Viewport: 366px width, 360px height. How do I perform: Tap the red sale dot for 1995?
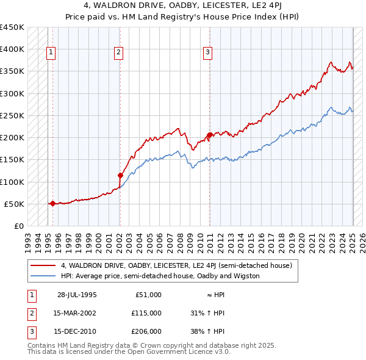(x=52, y=203)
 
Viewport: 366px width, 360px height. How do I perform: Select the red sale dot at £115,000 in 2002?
(x=120, y=175)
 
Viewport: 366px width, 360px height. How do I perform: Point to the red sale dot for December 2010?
(x=209, y=135)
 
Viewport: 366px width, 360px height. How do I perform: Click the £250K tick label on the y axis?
(x=12, y=115)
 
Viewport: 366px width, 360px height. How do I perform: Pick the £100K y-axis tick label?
(x=12, y=182)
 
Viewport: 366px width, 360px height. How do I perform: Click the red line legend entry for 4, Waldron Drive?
(x=177, y=265)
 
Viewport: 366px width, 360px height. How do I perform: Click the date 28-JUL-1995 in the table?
(x=76, y=295)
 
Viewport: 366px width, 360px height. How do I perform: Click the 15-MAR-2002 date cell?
(x=76, y=314)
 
